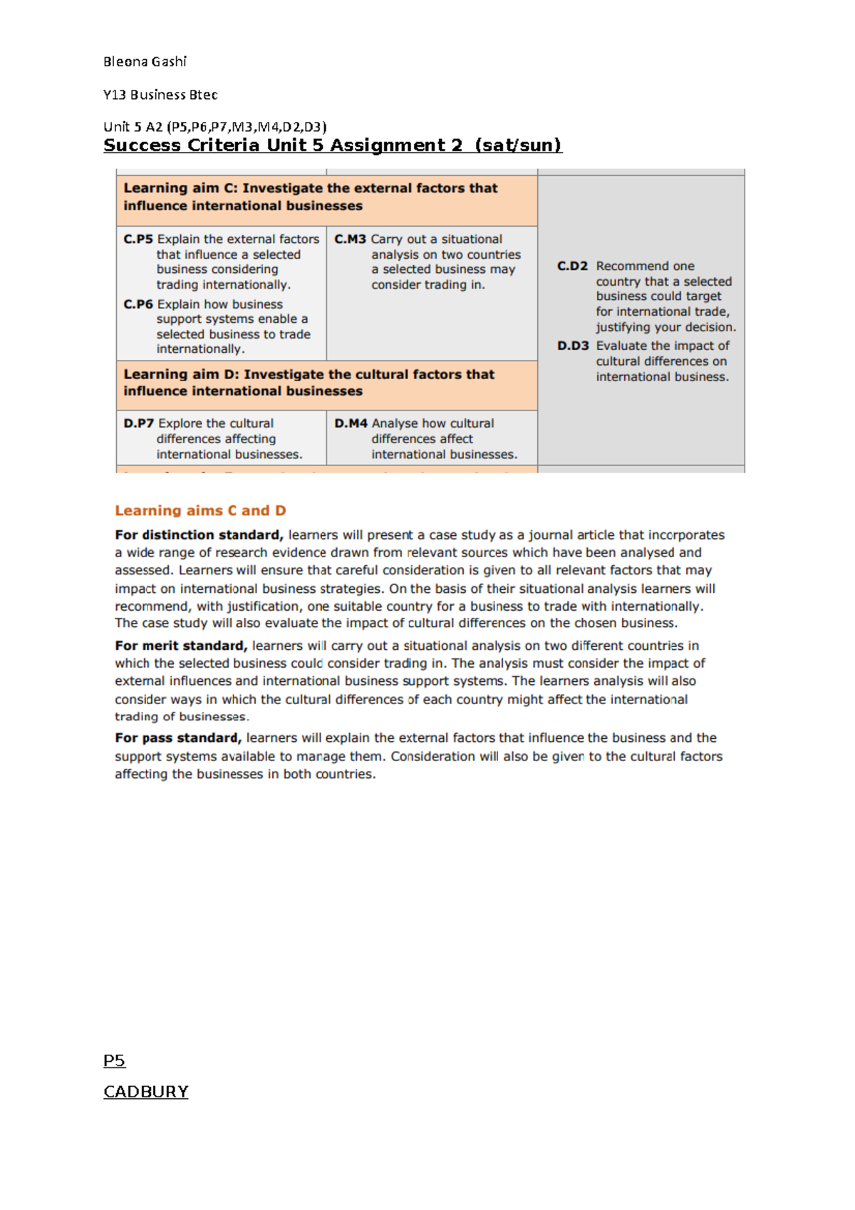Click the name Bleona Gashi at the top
(145, 62)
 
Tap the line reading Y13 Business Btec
(160, 95)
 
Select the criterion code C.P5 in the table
(138, 239)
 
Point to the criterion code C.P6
(138, 304)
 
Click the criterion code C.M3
(350, 239)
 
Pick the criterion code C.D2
(572, 266)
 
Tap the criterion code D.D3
(573, 346)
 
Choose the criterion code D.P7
(139, 423)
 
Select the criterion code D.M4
(351, 423)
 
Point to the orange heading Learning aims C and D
(200, 510)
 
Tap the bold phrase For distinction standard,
(199, 534)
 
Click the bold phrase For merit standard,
(181, 646)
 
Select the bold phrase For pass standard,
(178, 738)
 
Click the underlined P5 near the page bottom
(114, 1060)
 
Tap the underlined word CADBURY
(145, 1092)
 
